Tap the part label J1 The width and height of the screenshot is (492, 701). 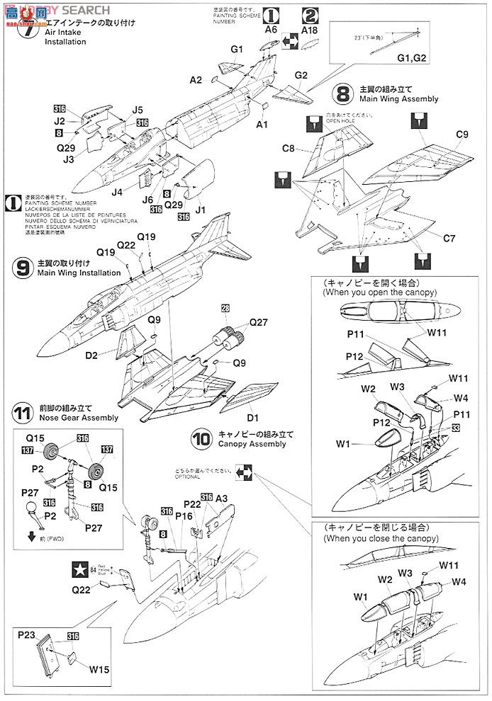tap(200, 210)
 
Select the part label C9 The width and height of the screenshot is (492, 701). tap(462, 135)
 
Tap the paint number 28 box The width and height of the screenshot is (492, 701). tap(225, 308)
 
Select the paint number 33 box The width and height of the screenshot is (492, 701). tap(455, 427)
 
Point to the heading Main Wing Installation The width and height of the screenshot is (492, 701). tap(79, 272)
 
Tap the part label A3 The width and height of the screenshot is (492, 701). tap(222, 498)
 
